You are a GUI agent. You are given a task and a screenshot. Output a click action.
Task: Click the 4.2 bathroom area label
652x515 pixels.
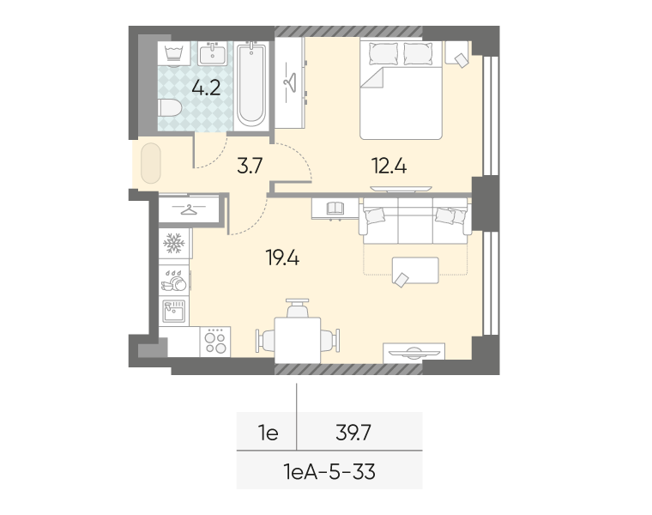206,88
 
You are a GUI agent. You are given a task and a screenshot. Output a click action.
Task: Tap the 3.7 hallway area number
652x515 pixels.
250,166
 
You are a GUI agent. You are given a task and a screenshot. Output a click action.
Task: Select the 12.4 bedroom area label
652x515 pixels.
389,166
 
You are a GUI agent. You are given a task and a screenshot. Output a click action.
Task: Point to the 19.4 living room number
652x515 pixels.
282,258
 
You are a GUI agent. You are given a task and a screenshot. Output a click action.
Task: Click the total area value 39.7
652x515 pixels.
353,433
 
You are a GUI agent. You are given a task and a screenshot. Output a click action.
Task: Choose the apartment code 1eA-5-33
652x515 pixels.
329,472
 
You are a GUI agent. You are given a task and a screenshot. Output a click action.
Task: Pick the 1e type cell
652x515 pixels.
268,433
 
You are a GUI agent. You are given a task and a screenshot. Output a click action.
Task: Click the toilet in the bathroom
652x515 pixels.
170,108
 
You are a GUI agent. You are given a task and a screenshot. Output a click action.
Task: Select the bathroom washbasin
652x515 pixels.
213,54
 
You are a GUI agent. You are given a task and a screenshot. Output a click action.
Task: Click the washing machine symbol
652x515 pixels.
174,54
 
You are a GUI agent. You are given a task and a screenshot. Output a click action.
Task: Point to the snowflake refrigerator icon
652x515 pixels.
174,244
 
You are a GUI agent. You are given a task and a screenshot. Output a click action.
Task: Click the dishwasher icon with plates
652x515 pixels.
174,281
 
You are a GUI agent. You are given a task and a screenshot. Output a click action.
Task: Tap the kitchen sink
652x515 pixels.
174,312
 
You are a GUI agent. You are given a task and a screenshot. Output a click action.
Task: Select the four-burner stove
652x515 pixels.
215,342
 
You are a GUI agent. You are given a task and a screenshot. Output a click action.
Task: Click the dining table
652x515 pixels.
298,340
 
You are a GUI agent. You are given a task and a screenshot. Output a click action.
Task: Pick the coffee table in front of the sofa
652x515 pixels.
415,270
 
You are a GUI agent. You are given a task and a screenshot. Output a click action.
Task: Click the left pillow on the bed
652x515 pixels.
383,54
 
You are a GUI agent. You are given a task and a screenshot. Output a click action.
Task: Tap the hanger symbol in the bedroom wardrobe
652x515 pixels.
290,82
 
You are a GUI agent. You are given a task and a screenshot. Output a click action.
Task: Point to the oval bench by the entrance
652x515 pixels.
150,163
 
